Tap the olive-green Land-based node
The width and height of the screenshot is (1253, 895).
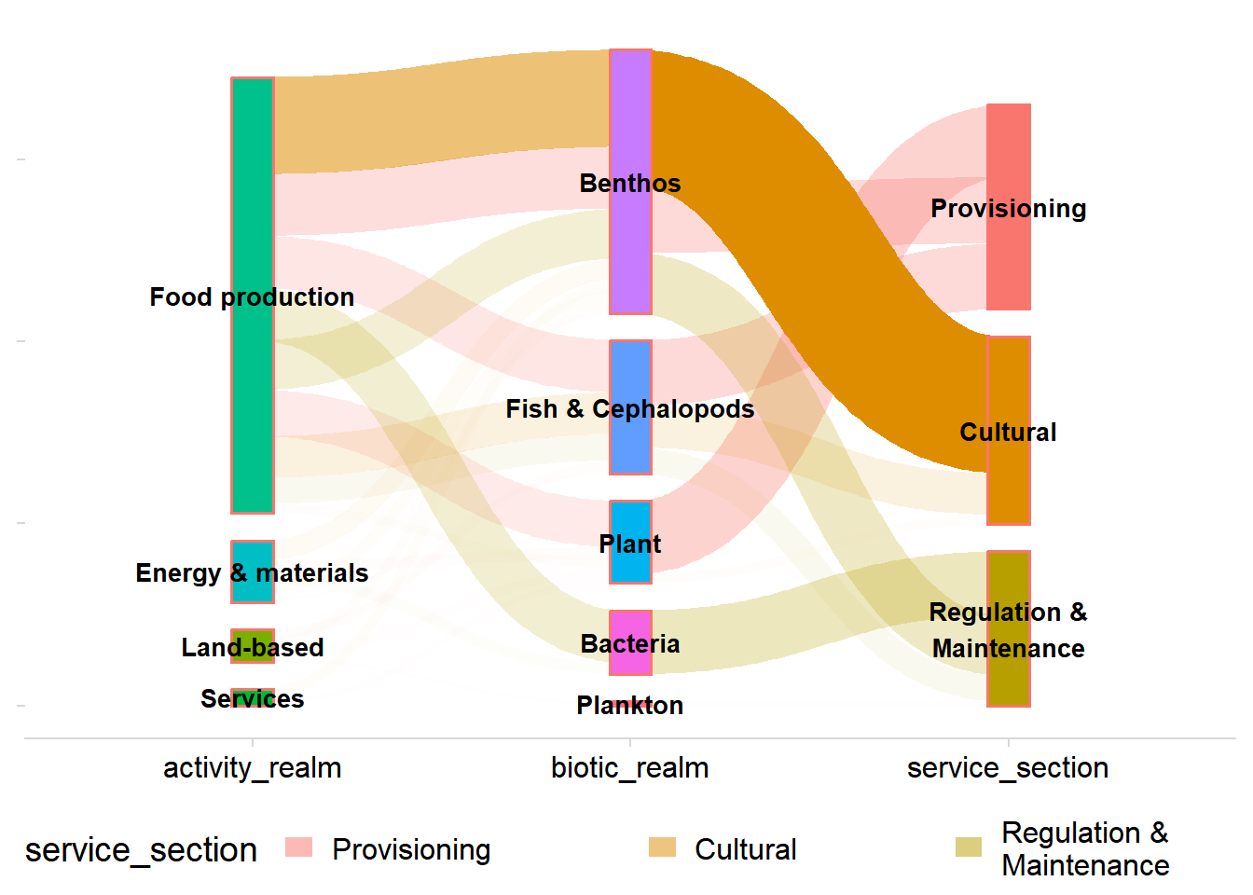tap(253, 646)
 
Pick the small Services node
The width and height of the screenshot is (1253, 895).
tap(253, 697)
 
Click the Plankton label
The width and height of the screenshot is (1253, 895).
tap(630, 706)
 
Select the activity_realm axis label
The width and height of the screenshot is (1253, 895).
tap(253, 768)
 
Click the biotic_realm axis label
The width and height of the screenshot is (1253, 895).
tap(630, 768)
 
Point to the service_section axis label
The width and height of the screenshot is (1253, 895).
tap(1008, 768)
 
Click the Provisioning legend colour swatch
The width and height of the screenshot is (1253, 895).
tap(298, 847)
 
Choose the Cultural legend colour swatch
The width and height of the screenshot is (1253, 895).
tap(662, 847)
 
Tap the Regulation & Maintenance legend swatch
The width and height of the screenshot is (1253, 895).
tap(969, 847)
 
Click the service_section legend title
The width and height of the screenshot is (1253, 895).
tap(141, 850)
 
